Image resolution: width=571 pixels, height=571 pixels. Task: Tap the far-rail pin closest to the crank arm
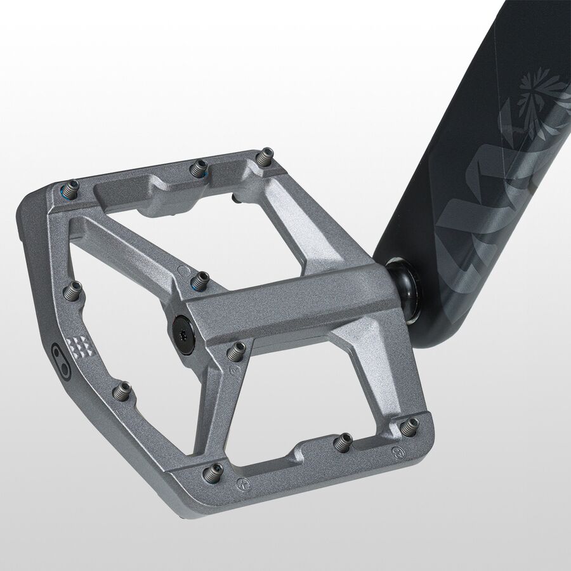click(266, 156)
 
